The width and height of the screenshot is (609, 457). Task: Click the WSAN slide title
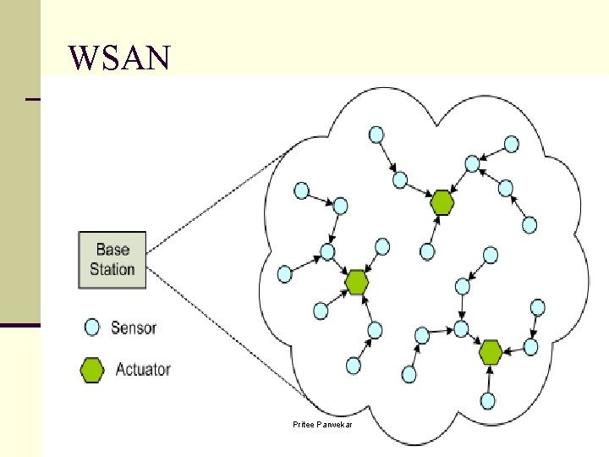point(120,58)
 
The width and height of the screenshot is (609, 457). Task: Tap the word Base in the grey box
point(112,250)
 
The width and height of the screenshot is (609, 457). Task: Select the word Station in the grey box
point(112,269)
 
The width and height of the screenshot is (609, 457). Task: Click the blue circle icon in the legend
point(92,328)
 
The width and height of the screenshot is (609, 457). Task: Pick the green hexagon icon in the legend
point(91,370)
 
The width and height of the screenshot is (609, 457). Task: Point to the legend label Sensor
point(134,328)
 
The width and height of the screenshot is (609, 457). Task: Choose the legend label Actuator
point(143,370)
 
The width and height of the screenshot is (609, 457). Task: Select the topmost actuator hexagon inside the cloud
point(442,202)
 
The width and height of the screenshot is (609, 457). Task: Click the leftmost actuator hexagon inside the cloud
point(357,282)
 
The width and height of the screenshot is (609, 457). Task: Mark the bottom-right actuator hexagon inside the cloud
point(491,350)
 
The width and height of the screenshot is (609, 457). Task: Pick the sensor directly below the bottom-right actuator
point(488,400)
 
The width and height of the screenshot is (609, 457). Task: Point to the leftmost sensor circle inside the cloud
point(285,274)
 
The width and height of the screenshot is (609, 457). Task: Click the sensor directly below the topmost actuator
point(428,251)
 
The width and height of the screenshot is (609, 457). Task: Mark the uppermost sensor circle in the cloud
point(375,134)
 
